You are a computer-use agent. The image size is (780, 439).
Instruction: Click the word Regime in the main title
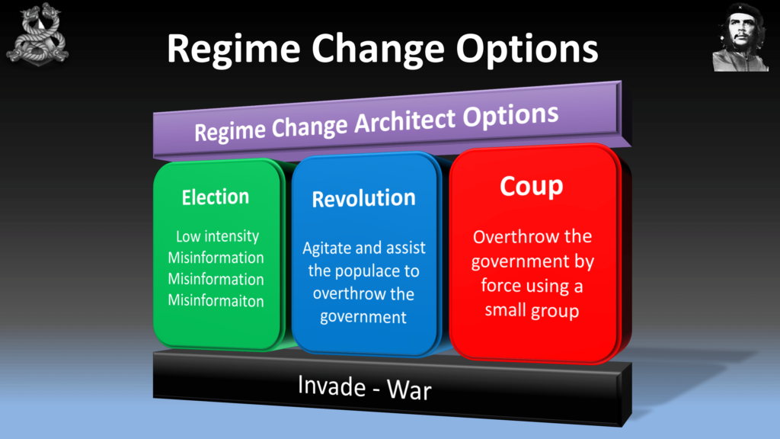pos(233,50)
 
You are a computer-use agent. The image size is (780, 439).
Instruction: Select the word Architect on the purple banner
pos(404,121)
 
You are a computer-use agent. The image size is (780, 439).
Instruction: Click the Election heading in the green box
pos(216,197)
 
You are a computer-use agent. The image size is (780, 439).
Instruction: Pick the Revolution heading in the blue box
pos(363,199)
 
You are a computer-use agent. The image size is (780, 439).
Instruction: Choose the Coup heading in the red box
pos(531,187)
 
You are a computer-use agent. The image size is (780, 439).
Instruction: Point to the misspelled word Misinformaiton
pos(216,300)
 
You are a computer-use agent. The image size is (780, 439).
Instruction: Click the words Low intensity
pos(217,236)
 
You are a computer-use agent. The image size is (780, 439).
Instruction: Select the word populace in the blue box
pos(363,271)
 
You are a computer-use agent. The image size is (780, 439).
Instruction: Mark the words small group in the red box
pos(532,311)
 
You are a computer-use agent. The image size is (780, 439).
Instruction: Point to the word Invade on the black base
pos(331,385)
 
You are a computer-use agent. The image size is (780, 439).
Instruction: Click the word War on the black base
pos(409,389)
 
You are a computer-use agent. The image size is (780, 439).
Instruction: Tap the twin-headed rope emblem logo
pos(37,34)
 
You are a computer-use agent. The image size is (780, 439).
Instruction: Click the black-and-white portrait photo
pos(740,37)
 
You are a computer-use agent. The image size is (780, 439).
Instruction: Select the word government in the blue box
pos(363,318)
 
